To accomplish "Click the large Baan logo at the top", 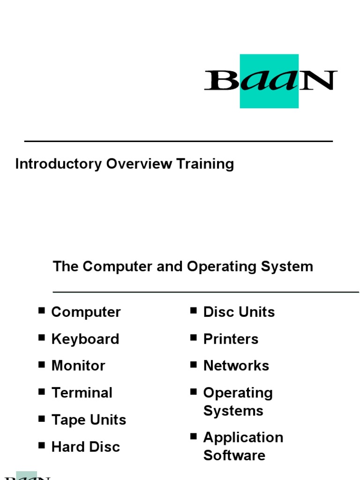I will coord(270,81).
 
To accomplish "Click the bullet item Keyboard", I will coord(85,339).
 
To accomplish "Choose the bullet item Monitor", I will coord(78,366).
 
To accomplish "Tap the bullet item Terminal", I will coord(82,393).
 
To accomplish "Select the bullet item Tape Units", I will coord(89,420).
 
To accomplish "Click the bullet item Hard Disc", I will coord(85,447).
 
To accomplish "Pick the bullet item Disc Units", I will coord(239,312).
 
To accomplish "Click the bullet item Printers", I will coord(231,339).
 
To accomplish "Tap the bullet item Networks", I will coord(236,366).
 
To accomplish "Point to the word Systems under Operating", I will coord(233,411).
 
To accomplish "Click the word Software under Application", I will coord(234,455).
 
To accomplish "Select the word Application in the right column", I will coord(243,437).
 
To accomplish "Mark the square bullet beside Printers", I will coord(194,337).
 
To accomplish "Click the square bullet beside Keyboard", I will coord(42,337).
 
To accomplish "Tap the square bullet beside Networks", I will coord(194,364).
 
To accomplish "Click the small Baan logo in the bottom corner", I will coord(27,475).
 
